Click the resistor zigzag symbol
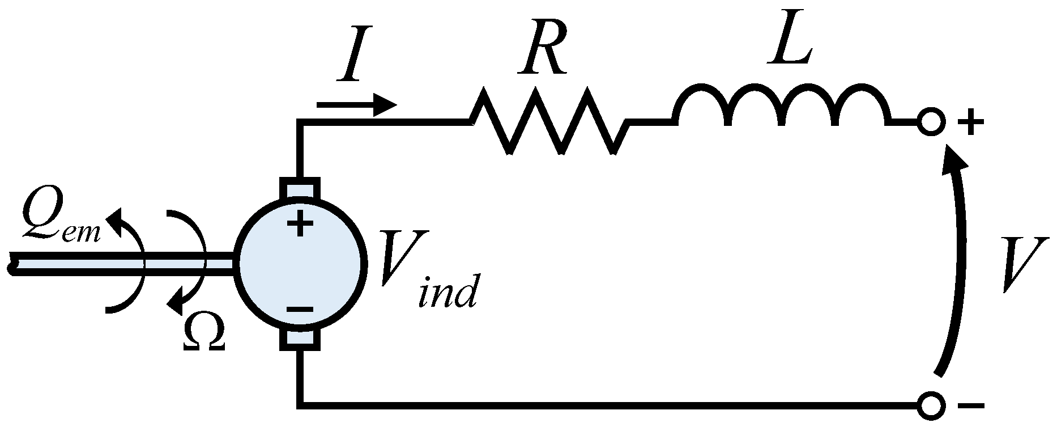[x=548, y=121]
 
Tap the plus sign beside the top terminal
[x=970, y=123]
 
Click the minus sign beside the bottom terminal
[x=971, y=406]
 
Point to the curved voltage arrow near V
[x=957, y=261]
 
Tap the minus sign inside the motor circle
[x=300, y=310]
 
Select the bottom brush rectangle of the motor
[x=300, y=339]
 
